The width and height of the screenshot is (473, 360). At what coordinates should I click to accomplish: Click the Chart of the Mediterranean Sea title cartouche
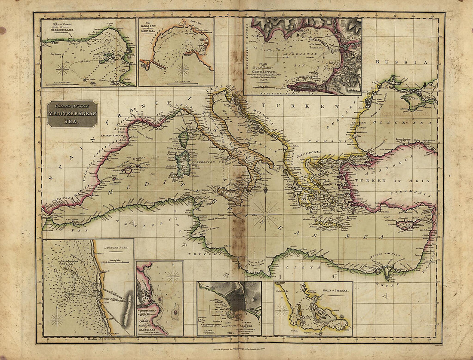pos(72,114)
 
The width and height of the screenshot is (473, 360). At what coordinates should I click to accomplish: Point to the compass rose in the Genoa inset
pos(183,69)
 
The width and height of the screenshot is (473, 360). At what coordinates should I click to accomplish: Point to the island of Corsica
pos(184,139)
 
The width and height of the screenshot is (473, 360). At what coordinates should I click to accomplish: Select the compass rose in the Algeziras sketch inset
pos(173,276)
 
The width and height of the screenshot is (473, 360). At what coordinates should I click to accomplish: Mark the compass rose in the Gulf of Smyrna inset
pos(282,310)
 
